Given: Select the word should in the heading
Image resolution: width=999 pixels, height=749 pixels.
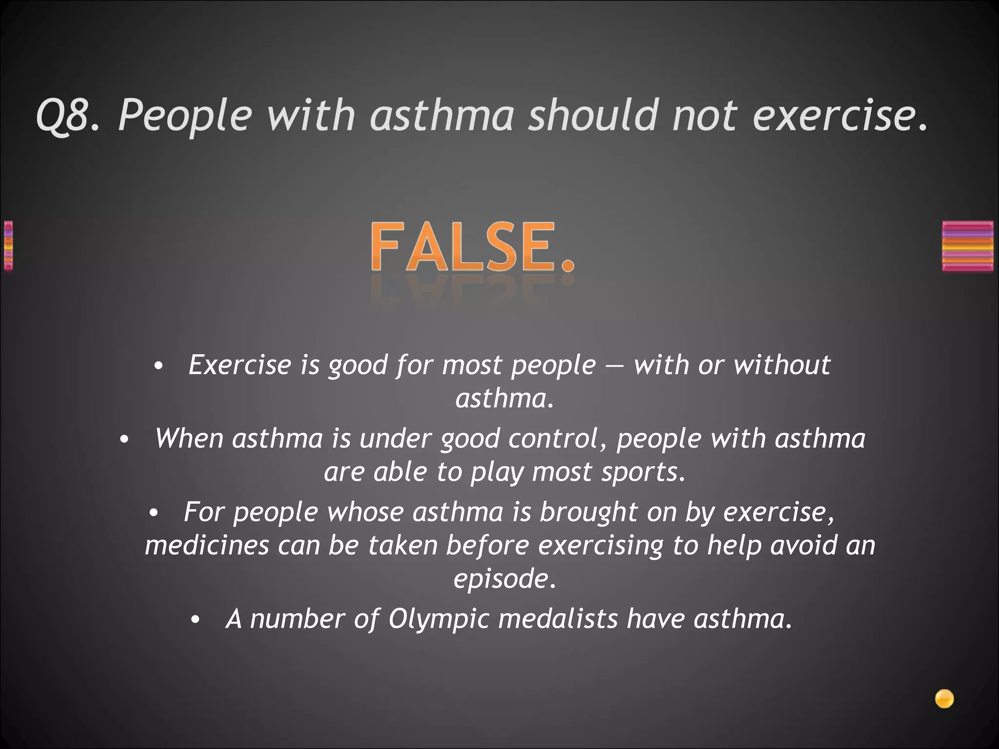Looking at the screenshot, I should coord(594,115).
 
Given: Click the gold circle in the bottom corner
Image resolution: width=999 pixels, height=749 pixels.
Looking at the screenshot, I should coord(944,699).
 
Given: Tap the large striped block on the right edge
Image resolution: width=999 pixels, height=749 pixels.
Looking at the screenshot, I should coord(967,246).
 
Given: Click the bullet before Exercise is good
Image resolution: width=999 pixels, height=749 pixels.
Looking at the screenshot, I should coord(157,367).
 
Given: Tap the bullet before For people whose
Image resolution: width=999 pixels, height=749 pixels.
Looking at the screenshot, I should coord(154,513).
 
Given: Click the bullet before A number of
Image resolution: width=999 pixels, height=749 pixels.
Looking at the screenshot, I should coord(195,620).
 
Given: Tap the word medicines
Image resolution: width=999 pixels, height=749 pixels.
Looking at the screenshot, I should coord(207,545).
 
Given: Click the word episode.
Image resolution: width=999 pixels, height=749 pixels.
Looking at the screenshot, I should coord(504,579).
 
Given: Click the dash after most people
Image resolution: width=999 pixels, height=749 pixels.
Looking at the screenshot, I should coord(615,366).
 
